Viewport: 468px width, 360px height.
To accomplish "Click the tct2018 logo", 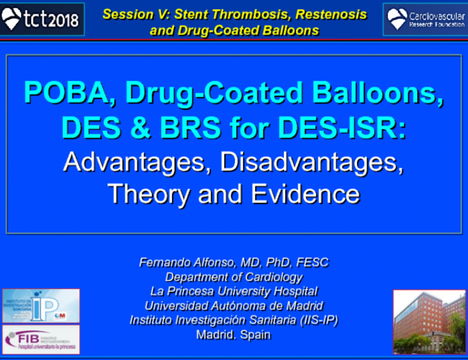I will pyautogui.click(x=42, y=18).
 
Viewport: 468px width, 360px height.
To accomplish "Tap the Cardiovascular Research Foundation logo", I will pyautogui.click(x=424, y=19).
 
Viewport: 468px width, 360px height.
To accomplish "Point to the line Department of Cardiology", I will pyautogui.click(x=234, y=276).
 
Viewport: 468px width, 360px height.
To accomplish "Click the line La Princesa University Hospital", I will pyautogui.click(x=234, y=291).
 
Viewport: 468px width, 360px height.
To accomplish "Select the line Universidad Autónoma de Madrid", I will pyautogui.click(x=234, y=305).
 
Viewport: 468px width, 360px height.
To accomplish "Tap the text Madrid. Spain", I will pyautogui.click(x=234, y=334).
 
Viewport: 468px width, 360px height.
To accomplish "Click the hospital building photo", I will pyautogui.click(x=429, y=320).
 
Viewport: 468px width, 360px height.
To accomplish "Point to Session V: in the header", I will pyautogui.click(x=137, y=14).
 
